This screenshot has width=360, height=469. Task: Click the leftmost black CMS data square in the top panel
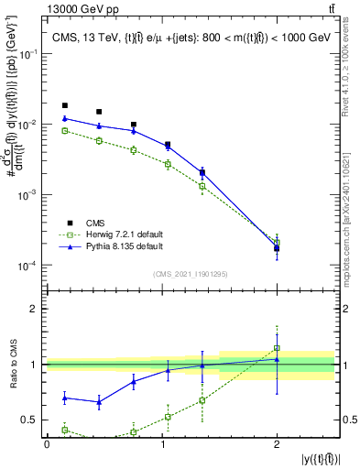click(x=64, y=105)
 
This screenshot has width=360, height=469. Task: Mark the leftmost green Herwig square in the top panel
click(x=64, y=131)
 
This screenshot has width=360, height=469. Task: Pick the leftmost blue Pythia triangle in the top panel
click(x=64, y=118)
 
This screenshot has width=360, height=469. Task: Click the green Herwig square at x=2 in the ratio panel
click(x=277, y=348)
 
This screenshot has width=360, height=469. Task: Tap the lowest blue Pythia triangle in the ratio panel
click(x=99, y=402)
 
